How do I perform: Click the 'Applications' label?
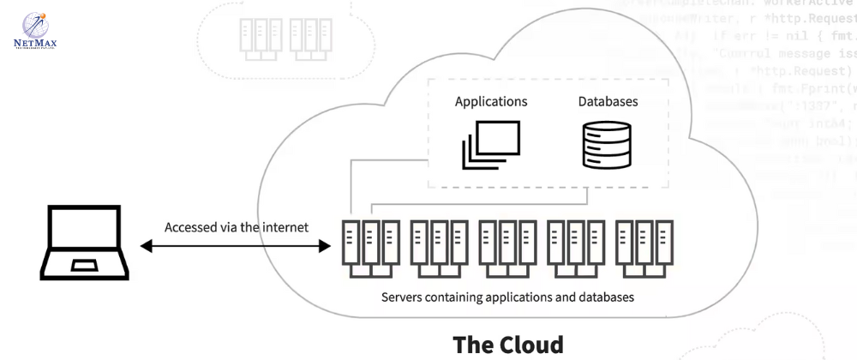click(x=491, y=101)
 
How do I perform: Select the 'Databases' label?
click(x=608, y=101)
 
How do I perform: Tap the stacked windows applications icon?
click(x=491, y=143)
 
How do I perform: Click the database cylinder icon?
click(x=607, y=144)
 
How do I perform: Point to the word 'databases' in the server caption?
click(x=606, y=298)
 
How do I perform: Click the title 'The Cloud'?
click(x=508, y=344)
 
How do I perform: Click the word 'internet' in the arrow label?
click(x=287, y=228)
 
